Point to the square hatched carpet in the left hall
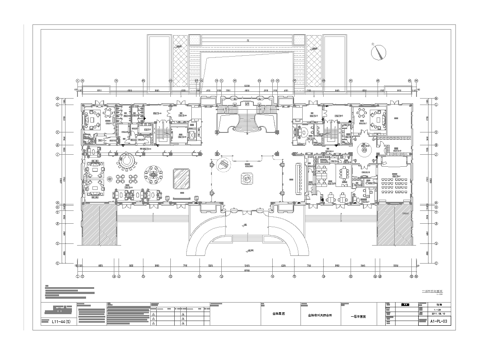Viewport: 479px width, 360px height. click(x=182, y=177)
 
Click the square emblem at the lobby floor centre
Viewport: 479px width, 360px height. click(x=246, y=177)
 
